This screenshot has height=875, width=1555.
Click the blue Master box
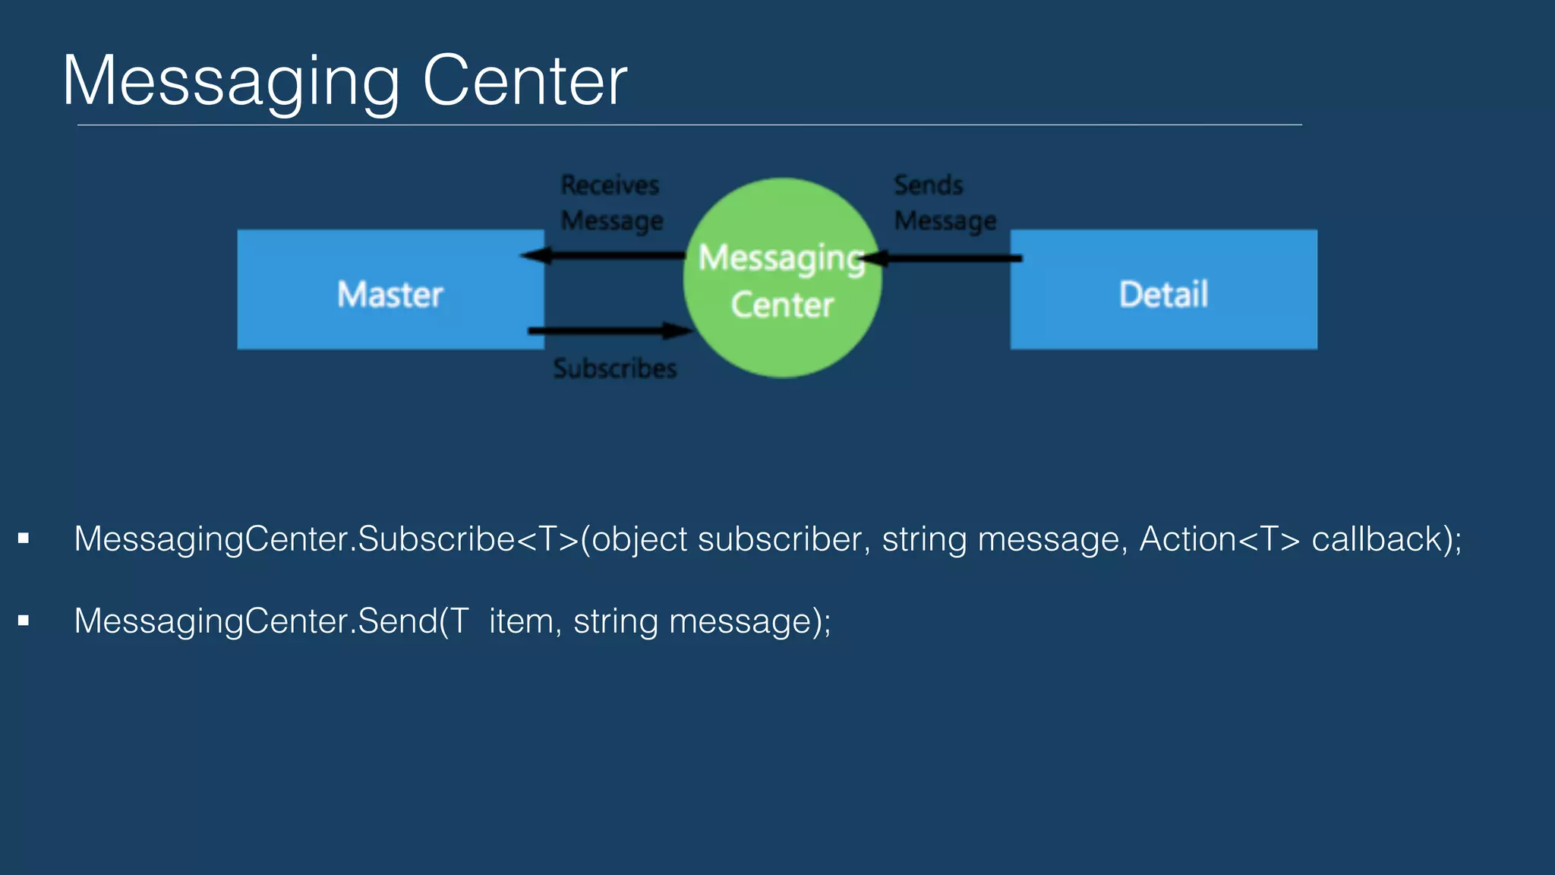[x=390, y=289]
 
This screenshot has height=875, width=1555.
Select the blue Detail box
[x=1163, y=289]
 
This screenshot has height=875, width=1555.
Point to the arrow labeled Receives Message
[x=604, y=255]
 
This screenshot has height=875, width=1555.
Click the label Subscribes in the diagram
[x=615, y=368]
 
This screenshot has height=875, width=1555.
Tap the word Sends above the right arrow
[x=928, y=185]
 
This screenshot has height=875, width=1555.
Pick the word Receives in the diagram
[x=610, y=185]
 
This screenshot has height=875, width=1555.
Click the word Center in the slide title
[x=525, y=81]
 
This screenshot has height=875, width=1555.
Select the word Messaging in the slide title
[x=231, y=82]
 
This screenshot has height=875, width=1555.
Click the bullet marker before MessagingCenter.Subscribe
[x=24, y=539]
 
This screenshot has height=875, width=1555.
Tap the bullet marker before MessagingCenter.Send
[x=24, y=621]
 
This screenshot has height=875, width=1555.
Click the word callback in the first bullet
[x=1376, y=539]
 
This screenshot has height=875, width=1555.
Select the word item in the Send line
[x=521, y=621]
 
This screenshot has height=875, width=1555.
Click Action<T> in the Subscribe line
[x=1219, y=539]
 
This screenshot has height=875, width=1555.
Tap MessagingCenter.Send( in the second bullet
[x=262, y=621]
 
